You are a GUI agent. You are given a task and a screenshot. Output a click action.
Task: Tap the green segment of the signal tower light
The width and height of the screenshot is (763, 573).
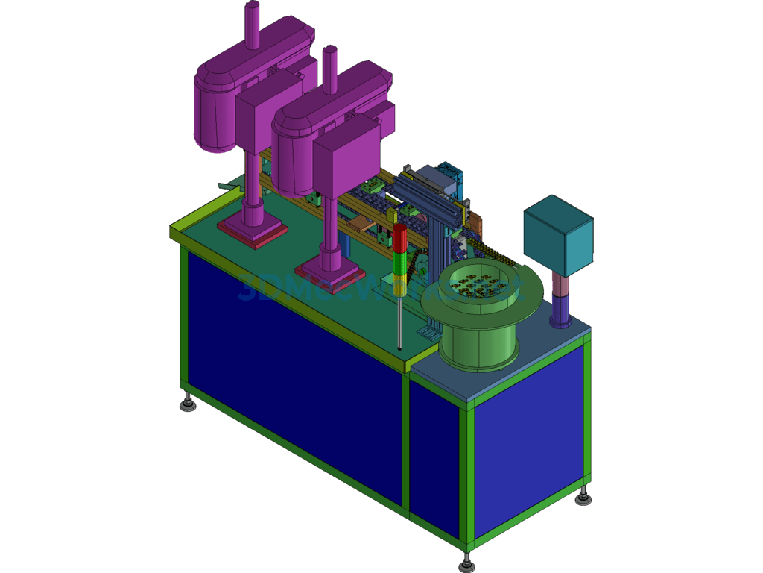tap(400, 262)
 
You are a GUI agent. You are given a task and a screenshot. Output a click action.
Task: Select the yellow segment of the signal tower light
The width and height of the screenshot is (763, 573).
tap(400, 277)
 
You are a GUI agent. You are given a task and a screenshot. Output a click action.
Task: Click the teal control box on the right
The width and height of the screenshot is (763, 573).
tap(558, 234)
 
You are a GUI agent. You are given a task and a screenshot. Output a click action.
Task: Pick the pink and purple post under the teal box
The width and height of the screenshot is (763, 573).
tap(560, 298)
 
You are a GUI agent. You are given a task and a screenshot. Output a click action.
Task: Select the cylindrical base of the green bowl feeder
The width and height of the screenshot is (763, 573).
tap(477, 343)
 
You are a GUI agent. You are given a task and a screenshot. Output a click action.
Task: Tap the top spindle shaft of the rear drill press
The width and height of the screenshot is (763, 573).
tap(253, 22)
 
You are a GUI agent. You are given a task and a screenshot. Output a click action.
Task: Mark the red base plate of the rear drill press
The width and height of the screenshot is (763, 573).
tap(252, 232)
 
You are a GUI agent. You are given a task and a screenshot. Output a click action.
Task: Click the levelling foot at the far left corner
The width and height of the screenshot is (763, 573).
tap(187, 404)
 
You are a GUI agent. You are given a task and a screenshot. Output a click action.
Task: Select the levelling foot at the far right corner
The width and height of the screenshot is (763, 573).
tap(583, 496)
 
